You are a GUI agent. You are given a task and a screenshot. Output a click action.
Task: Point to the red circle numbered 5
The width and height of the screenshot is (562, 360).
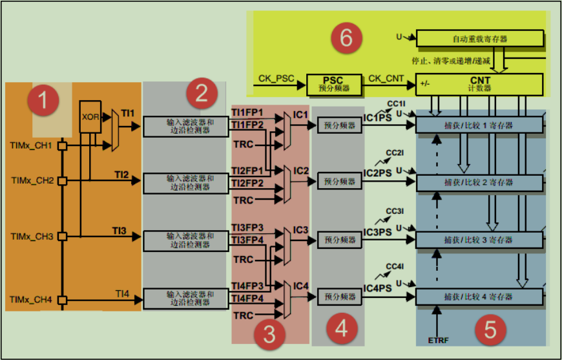point(490,330)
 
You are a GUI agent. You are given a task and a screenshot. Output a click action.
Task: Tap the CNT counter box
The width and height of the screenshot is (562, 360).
point(480,83)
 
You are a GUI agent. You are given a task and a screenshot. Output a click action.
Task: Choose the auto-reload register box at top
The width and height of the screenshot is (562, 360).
point(480,39)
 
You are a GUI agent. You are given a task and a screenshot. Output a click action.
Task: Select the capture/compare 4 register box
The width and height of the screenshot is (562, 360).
point(479,297)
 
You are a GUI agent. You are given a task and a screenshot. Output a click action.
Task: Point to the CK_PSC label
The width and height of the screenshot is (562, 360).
point(276,79)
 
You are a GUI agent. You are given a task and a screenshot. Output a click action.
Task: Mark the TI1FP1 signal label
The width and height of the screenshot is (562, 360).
point(247,112)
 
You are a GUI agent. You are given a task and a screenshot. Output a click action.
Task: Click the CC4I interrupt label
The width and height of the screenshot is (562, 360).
point(395,266)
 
